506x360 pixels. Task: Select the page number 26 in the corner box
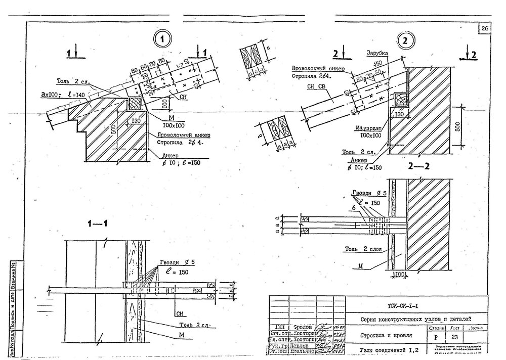484,29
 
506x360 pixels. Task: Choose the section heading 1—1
97,224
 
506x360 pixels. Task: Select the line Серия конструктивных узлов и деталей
415,319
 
